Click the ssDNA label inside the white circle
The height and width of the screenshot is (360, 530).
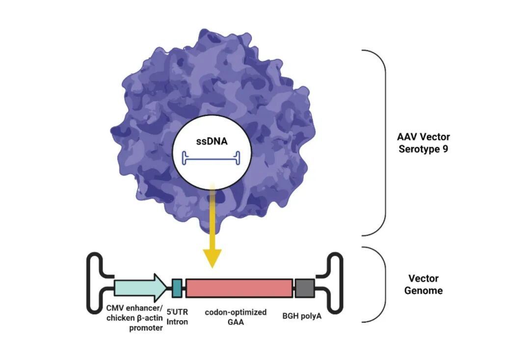[212, 141]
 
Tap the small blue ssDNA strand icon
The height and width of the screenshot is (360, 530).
[211, 158]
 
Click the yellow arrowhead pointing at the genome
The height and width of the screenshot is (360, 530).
[212, 258]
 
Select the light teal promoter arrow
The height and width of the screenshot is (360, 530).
[140, 288]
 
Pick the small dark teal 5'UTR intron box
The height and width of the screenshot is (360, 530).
[177, 288]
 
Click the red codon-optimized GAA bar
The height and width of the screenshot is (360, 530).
[239, 288]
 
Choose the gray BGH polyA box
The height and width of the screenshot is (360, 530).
[305, 288]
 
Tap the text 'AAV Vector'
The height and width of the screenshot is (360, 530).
[423, 137]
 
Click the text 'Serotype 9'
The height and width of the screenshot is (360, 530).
[423, 149]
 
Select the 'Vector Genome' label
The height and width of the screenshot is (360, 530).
[423, 284]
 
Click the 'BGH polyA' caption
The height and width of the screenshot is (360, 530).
[302, 316]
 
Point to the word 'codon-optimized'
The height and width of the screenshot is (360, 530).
[236, 312]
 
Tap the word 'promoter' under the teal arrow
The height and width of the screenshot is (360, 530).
[146, 328]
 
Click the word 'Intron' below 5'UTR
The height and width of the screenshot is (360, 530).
[177, 322]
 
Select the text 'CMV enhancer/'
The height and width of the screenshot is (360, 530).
[134, 308]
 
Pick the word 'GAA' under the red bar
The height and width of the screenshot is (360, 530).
[236, 322]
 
